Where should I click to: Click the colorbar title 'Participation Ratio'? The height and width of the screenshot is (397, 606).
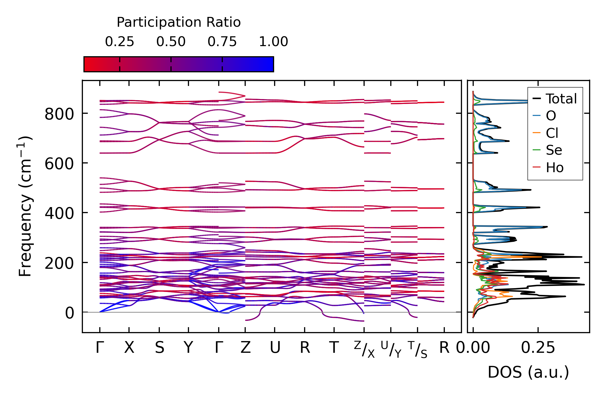179,22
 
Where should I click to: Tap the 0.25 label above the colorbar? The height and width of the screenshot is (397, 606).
119,42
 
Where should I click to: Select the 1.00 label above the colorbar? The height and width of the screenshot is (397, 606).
273,42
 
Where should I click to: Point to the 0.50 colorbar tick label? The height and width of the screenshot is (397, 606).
171,42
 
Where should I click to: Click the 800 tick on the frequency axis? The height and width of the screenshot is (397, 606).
59,114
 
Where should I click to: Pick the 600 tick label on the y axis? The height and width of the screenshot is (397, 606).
59,164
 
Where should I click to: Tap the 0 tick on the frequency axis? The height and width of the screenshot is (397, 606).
69,313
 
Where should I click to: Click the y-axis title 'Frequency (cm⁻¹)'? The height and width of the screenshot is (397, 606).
25,206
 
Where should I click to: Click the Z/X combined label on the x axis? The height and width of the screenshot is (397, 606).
364,349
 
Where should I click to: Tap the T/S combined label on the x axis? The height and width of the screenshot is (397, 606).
417,349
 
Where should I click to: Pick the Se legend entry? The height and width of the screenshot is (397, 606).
554,150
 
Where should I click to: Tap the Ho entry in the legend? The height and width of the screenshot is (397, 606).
554,167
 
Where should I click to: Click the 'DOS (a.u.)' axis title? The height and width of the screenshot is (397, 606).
528,372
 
